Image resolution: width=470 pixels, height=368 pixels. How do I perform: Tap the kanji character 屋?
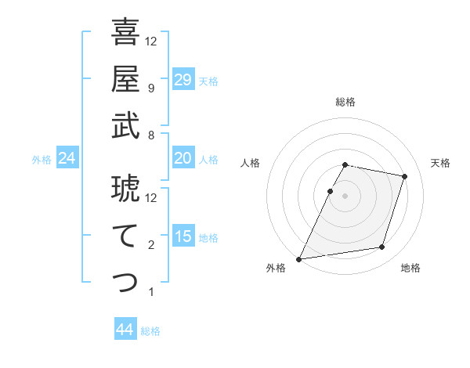click(x=125, y=79)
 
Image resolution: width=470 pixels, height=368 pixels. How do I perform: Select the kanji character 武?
click(x=125, y=126)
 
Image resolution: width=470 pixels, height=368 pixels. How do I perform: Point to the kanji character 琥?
click(x=125, y=188)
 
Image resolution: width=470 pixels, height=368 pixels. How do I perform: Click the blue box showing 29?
click(x=183, y=80)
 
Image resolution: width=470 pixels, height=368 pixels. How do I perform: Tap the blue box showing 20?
click(x=183, y=158)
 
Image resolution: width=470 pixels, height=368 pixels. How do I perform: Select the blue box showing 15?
click(x=183, y=236)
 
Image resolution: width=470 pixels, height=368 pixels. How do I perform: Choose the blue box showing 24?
click(x=67, y=158)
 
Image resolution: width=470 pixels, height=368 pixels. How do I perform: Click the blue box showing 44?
click(x=125, y=330)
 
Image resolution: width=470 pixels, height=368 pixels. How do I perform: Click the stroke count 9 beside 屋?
click(x=150, y=88)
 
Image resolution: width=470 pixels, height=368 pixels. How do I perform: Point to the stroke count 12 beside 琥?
click(x=151, y=197)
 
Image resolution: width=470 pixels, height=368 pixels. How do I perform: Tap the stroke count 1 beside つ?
click(x=150, y=292)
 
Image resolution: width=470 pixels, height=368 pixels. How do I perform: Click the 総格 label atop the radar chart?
click(x=345, y=102)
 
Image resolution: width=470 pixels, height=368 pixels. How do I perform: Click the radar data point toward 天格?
click(x=404, y=176)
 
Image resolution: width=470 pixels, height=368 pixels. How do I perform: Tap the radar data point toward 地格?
click(x=381, y=247)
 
